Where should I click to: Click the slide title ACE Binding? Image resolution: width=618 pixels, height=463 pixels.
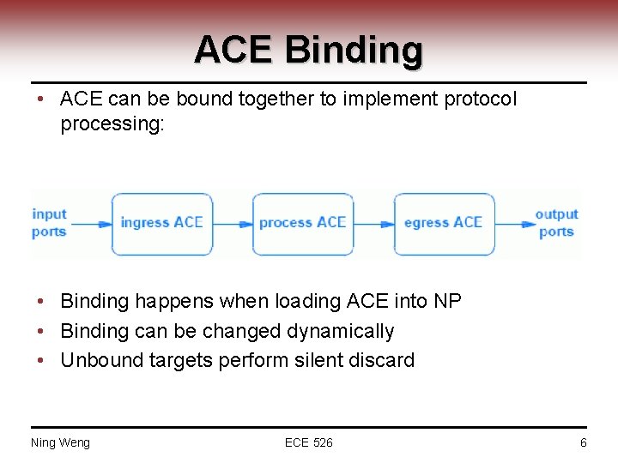(x=308, y=49)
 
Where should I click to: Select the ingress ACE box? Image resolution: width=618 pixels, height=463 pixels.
(x=161, y=223)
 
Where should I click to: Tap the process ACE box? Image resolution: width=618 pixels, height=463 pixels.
(x=302, y=223)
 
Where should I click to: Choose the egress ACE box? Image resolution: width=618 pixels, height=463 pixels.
(x=443, y=223)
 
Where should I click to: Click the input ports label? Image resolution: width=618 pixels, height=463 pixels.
(x=49, y=223)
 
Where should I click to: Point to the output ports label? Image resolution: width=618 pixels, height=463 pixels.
(x=556, y=223)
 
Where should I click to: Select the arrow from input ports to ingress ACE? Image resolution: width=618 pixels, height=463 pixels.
(x=92, y=224)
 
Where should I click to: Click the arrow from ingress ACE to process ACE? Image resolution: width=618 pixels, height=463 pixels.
(x=233, y=224)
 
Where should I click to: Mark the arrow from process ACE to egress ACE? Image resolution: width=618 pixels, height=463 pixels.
(x=373, y=224)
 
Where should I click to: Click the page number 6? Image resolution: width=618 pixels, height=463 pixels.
(x=583, y=442)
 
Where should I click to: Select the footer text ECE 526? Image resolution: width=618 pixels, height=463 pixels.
(x=309, y=442)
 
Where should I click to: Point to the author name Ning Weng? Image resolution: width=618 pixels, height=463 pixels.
(x=60, y=442)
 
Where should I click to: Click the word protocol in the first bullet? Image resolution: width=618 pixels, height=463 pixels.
(x=481, y=99)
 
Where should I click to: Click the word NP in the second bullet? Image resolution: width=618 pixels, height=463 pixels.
(x=447, y=302)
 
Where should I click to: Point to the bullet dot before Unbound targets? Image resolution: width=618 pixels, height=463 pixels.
(x=41, y=360)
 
